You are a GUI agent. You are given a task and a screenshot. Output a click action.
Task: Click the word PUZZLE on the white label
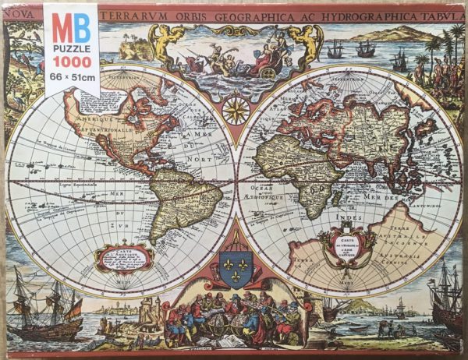point(71,46)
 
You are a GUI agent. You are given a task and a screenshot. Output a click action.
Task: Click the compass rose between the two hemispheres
point(236,109)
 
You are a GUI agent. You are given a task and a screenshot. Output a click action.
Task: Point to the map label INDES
point(346,219)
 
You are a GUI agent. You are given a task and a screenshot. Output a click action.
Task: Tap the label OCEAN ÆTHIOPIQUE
point(268,194)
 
